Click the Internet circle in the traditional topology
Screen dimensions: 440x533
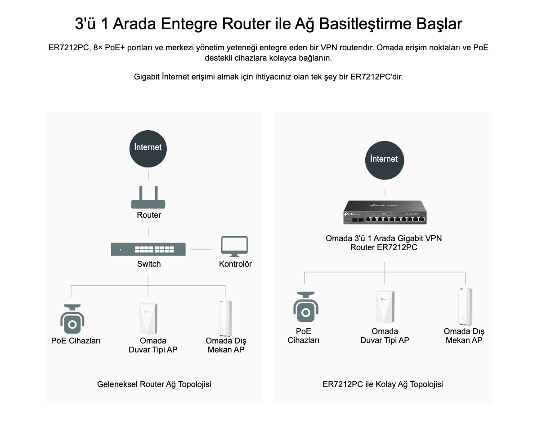point(148,148)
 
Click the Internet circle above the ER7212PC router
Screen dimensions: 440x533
point(384,159)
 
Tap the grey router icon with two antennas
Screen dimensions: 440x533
point(148,198)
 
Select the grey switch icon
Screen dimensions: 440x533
point(148,249)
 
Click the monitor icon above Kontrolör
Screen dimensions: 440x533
point(234,246)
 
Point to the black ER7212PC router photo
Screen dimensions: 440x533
point(385,213)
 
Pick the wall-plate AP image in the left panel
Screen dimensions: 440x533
point(148,319)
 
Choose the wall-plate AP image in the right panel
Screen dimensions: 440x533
point(385,307)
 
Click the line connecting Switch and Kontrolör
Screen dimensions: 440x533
point(201,250)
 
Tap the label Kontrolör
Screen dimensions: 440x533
point(235,264)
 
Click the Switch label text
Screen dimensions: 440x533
point(149,264)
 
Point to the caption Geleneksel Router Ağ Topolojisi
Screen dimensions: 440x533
point(154,384)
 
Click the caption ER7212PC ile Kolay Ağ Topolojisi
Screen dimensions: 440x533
point(383,384)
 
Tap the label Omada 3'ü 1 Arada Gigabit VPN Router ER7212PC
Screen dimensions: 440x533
point(384,242)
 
